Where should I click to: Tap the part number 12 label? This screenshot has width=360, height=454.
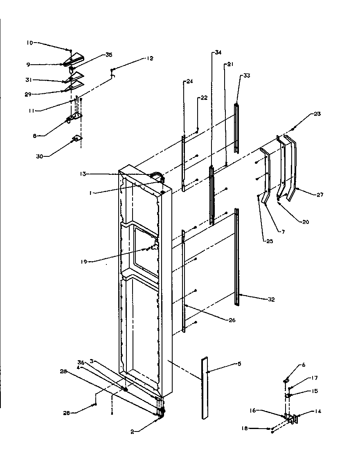pos(150,59)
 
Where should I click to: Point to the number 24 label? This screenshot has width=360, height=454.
pos(189,81)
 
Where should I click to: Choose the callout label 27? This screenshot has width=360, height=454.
pos(319,195)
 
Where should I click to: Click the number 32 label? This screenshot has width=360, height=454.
pos(271,300)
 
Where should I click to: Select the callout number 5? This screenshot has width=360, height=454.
pos(239,364)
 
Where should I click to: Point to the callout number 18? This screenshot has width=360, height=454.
pos(244,429)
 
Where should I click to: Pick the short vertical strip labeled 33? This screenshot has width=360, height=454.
pos(236,128)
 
